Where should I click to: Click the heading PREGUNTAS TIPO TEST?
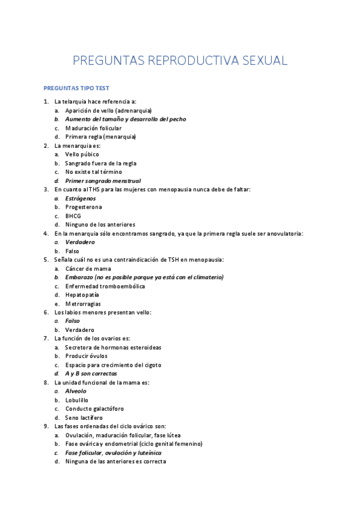[76, 88]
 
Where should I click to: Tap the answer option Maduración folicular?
[93, 128]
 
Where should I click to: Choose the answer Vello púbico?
[82, 155]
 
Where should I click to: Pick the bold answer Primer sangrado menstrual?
[103, 181]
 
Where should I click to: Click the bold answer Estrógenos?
[81, 198]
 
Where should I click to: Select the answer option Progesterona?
[84, 207]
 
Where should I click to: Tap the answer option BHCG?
[73, 216]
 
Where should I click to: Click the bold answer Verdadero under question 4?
[80, 242]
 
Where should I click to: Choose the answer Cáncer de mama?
[89, 269]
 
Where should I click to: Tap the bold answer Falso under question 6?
[73, 321]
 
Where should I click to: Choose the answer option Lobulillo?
[77, 400]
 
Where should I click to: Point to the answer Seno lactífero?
[84, 417]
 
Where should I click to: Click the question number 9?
[46, 426]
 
